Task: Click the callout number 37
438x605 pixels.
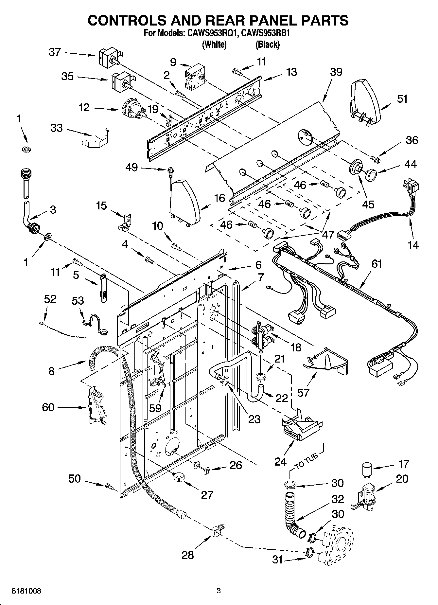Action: (55, 52)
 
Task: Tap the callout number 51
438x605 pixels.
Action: (402, 98)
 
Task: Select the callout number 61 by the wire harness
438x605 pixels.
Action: (377, 264)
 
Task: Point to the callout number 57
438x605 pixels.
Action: (303, 392)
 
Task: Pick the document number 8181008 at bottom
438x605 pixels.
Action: (26, 591)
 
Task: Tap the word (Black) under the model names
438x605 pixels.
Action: (267, 44)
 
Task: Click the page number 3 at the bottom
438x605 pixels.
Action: (219, 591)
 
